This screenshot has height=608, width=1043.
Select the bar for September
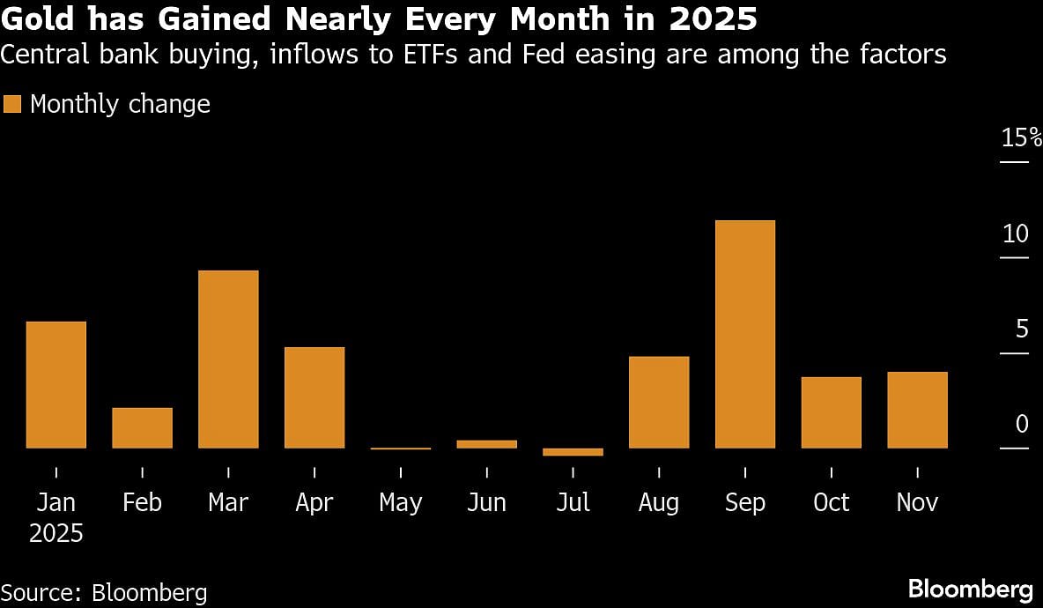[745, 334]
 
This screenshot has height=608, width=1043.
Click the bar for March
[228, 359]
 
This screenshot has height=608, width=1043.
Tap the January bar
[56, 384]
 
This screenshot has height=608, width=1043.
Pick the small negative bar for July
[573, 452]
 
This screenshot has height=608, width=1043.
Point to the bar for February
[142, 427]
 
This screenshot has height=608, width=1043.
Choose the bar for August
[659, 402]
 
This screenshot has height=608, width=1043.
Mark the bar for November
[917, 410]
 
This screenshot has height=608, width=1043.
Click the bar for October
[831, 412]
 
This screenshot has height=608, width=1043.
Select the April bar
[314, 397]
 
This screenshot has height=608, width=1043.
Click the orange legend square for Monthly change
[11, 104]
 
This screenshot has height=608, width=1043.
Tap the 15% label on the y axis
[1021, 137]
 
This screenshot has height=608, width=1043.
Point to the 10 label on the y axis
[1016, 234]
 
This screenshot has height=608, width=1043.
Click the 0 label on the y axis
[1022, 424]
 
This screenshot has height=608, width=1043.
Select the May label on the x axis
[401, 503]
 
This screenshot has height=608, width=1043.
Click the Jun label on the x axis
[486, 503]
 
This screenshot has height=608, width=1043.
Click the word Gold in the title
[38, 19]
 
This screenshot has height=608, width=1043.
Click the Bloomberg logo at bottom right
[970, 589]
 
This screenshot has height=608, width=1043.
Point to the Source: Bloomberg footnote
[104, 592]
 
